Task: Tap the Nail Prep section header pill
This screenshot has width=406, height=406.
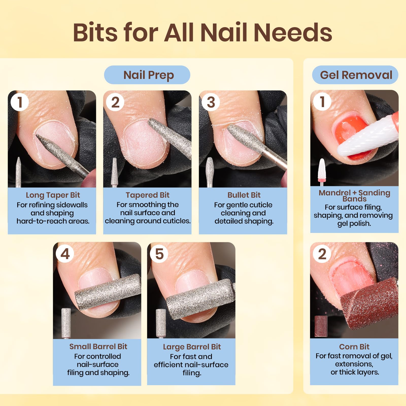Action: pyautogui.click(x=147, y=75)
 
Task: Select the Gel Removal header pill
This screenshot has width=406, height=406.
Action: pyautogui.click(x=355, y=75)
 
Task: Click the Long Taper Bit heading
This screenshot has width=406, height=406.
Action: pyautogui.click(x=53, y=195)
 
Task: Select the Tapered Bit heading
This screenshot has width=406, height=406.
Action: pyautogui.click(x=147, y=195)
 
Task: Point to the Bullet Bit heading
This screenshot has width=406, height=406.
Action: pyautogui.click(x=244, y=195)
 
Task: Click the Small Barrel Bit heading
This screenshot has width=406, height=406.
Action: pyautogui.click(x=98, y=346)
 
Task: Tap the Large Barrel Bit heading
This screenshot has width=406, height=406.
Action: pyautogui.click(x=192, y=347)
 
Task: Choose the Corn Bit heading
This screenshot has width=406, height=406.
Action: pyautogui.click(x=354, y=347)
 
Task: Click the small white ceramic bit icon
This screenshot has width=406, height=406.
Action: pyautogui.click(x=322, y=171)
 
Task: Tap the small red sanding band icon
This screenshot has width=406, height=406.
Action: pyautogui.click(x=321, y=326)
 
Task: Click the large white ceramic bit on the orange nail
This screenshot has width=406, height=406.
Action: pyautogui.click(x=365, y=137)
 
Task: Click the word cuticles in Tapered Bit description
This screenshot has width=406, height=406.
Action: pyautogui.click(x=177, y=221)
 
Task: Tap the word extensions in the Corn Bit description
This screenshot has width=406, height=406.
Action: pyautogui.click(x=354, y=364)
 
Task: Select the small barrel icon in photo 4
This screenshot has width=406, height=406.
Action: pyautogui.click(x=66, y=322)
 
